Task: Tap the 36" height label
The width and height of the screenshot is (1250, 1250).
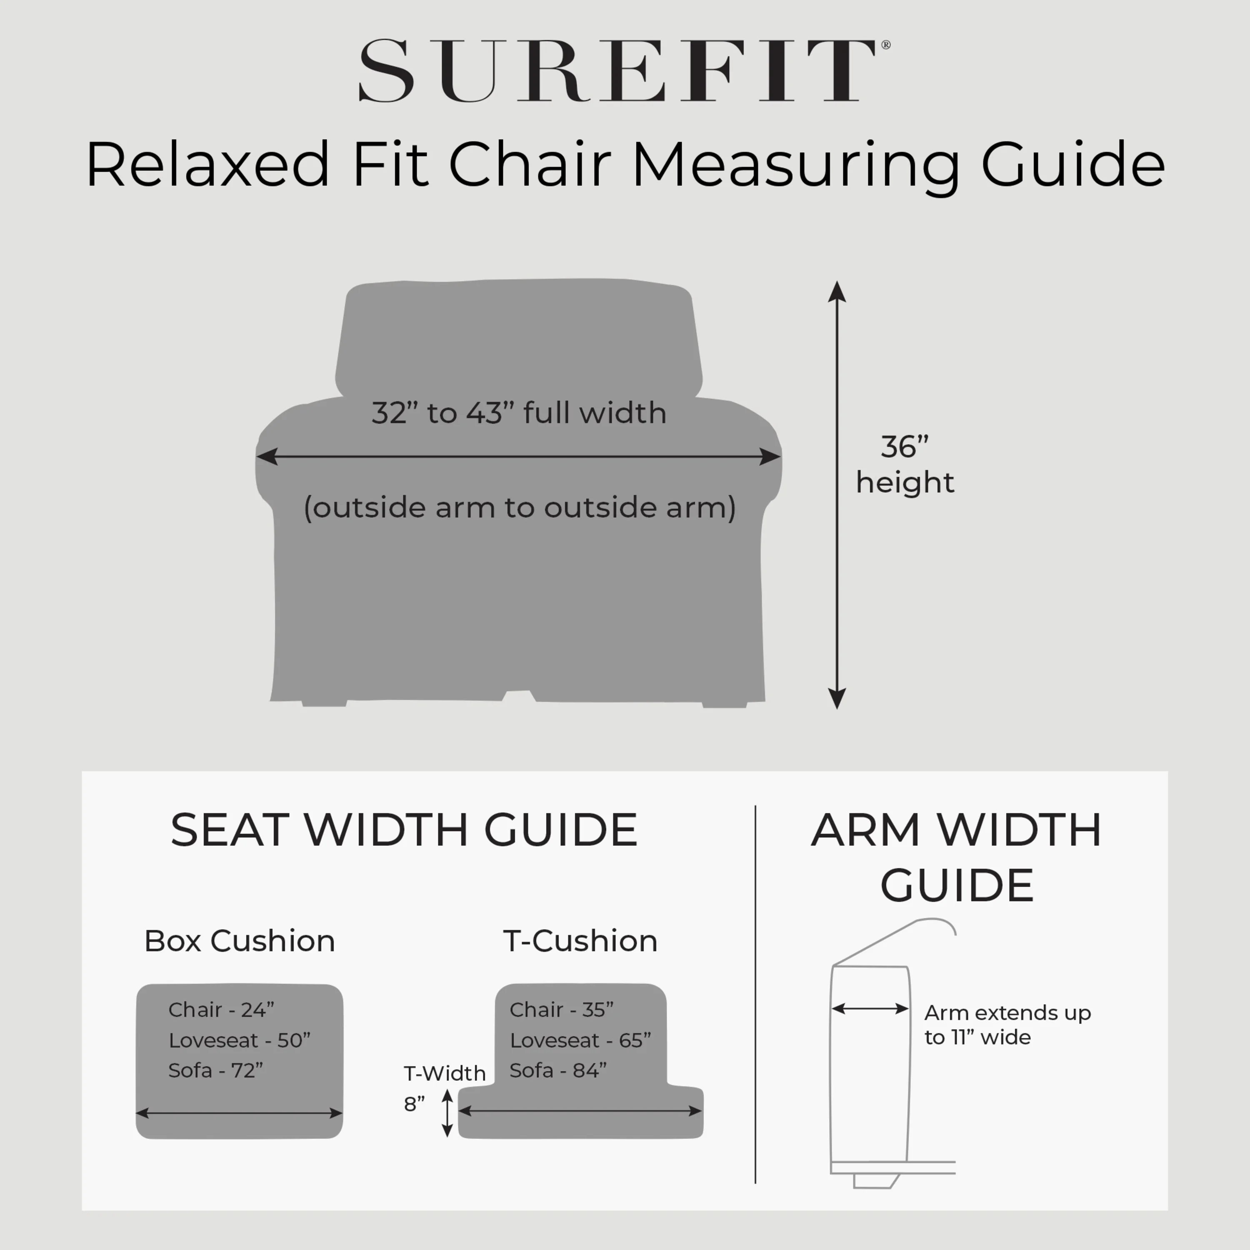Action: click(x=905, y=465)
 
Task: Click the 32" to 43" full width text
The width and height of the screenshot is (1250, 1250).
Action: click(x=519, y=413)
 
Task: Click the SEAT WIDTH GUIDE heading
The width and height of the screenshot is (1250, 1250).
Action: click(x=404, y=830)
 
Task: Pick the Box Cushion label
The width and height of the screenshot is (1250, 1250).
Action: click(x=240, y=941)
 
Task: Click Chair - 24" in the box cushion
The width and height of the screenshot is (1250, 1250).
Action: click(x=221, y=1010)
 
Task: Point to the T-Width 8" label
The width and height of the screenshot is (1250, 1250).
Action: click(x=444, y=1088)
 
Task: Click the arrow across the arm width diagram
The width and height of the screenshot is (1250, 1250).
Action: click(x=870, y=1009)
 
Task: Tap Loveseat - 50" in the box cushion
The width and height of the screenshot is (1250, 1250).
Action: click(x=240, y=1040)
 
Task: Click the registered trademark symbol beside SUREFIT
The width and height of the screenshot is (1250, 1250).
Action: click(x=886, y=45)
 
